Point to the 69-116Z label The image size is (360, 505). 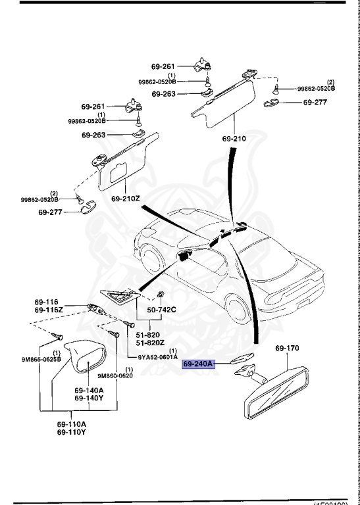49,309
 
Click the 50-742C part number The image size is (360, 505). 161,309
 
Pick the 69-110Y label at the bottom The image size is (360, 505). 70,432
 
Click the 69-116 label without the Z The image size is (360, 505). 47,302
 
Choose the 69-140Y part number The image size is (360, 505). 88,398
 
